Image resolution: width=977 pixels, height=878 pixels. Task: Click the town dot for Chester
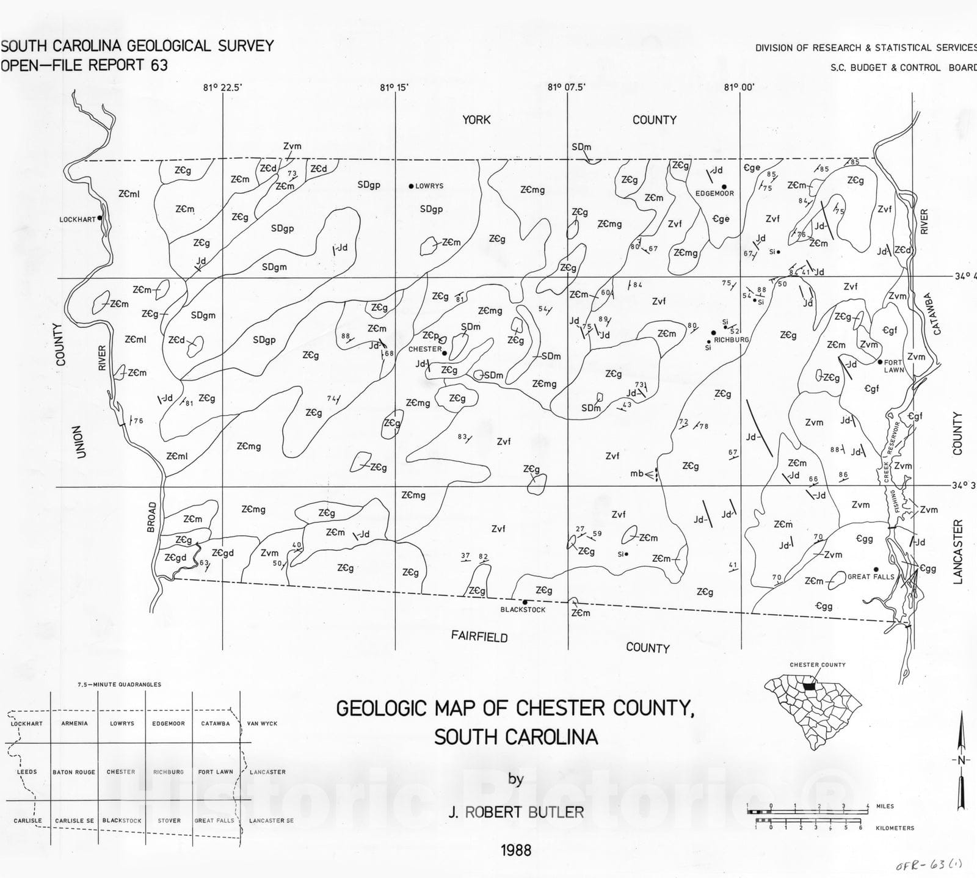(444, 353)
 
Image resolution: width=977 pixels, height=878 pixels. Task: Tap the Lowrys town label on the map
(429, 186)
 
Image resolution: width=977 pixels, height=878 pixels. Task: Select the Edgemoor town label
(714, 194)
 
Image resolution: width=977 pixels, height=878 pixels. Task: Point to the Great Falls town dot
(876, 569)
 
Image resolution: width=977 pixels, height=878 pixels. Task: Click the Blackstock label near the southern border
(523, 609)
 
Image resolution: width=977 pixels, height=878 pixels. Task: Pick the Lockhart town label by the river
(78, 219)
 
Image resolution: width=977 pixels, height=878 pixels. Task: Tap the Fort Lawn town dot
(880, 362)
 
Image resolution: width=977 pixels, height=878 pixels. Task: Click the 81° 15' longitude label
(394, 87)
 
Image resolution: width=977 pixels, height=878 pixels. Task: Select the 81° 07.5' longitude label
(566, 87)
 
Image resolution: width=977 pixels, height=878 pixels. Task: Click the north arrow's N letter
(961, 760)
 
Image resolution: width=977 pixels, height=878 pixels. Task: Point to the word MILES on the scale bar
(885, 807)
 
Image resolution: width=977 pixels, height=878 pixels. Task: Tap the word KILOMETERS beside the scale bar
(895, 829)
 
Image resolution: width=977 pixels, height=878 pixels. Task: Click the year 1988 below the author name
(516, 850)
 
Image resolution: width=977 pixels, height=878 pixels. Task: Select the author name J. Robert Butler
(516, 812)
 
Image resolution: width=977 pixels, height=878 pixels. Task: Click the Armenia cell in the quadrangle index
(74, 724)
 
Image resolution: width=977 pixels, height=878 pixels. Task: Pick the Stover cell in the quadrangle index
(169, 821)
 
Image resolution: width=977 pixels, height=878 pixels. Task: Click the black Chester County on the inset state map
(809, 686)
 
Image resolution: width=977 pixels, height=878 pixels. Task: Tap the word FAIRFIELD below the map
(479, 637)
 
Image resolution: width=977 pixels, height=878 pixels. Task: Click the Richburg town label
(731, 339)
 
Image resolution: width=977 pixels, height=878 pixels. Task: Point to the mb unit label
(637, 473)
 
